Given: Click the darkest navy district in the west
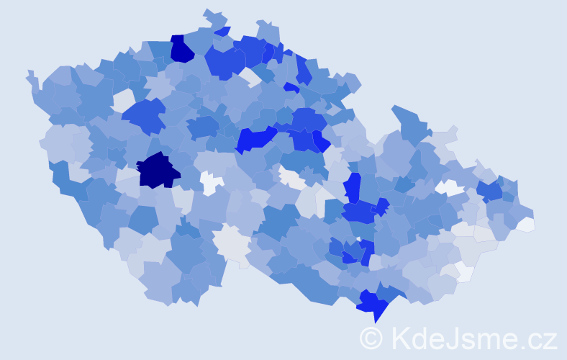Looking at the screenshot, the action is [x=158, y=171].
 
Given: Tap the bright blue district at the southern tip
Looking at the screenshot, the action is [x=373, y=304].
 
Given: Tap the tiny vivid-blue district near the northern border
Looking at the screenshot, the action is [x=291, y=87].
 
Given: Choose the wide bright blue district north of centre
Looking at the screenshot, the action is [x=255, y=138].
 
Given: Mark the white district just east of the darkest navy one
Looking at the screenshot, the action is [x=211, y=183].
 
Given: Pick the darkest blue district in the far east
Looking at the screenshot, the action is [x=490, y=191].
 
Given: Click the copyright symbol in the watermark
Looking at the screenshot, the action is [x=371, y=338].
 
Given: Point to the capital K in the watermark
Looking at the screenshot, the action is [x=400, y=338].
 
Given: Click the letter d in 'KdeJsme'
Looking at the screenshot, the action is [x=420, y=338].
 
